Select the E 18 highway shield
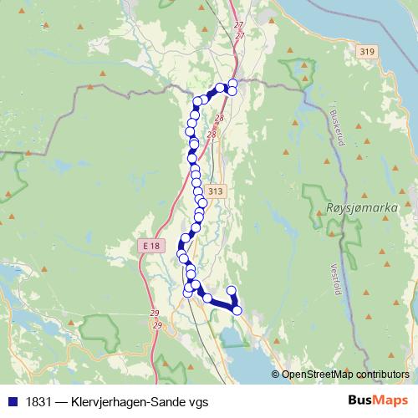point(151,245)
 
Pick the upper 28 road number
point(219,119)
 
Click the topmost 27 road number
point(240,27)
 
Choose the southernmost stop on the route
point(237,310)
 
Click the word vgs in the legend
point(197,401)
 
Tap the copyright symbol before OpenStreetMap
point(277,374)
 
